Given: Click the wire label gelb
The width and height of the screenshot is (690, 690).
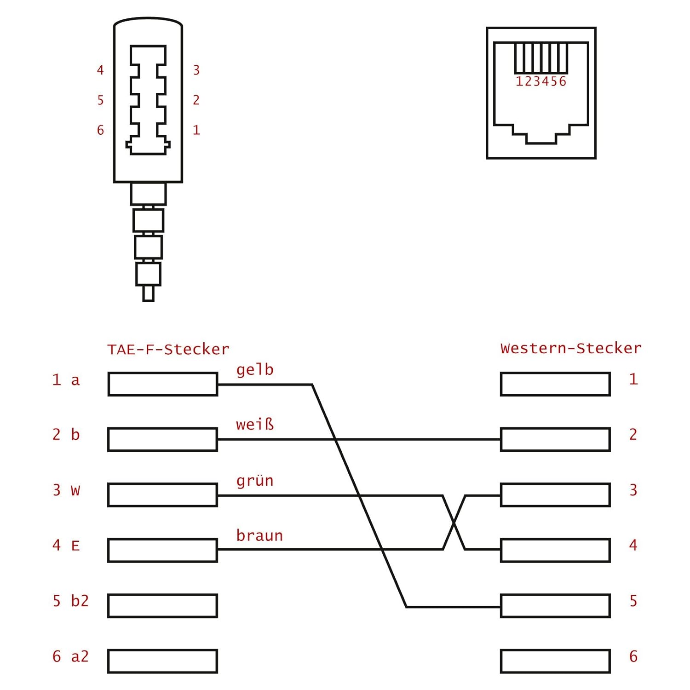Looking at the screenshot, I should coord(255,370).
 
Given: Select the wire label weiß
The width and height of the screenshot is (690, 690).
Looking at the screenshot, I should coord(255,424).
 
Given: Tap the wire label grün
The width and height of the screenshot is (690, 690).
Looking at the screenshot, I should coord(255,481).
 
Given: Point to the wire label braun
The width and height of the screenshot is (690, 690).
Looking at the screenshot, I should coord(259,535).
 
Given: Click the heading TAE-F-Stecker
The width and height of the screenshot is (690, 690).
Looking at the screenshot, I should coord(168,350).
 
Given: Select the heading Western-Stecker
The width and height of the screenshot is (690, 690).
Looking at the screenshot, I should coord(571,348).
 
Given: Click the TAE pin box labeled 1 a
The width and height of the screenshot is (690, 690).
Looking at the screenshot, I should coord(163,384).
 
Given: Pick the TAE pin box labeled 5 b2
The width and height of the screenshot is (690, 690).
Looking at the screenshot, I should coord(163,605).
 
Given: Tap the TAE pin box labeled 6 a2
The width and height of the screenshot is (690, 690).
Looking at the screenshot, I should coord(163,661).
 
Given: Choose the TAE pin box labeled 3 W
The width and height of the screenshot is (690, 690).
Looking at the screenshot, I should coord(163,495).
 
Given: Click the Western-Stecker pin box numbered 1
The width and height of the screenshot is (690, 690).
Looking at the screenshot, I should coord(555,384).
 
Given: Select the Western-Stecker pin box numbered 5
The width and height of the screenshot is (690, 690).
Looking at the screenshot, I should coord(555,605).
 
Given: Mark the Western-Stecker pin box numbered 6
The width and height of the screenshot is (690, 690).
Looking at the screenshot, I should coord(555,661).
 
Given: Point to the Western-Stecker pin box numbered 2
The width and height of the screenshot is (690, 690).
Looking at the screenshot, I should coord(555,439).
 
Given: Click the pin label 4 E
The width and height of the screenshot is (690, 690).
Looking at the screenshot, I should coord(66,546).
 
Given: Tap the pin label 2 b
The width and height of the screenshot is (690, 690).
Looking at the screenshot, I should coord(66,434).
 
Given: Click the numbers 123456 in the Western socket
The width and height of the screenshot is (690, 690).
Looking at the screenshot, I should coord(541,82).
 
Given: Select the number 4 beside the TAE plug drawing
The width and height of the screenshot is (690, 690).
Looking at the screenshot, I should coord(100,70).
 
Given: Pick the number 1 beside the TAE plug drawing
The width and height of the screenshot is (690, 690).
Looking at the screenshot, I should coord(196,130).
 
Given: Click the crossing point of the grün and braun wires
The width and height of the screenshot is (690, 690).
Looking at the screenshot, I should coord(454,523).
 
